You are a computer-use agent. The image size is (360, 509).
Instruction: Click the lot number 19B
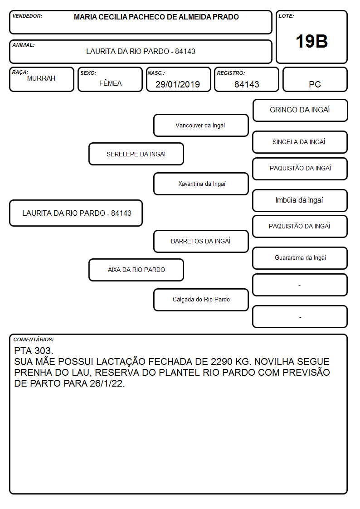coord(311,41)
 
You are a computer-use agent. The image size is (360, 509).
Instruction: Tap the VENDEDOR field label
coord(27,16)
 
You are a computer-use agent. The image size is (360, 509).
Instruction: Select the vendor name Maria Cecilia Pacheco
coord(156,17)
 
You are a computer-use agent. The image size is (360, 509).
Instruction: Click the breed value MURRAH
coord(41,78)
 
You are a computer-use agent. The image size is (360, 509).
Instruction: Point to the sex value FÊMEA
coord(110,83)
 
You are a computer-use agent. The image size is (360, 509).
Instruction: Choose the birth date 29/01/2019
coord(178,84)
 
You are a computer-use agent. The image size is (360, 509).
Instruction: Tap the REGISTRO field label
coord(231,73)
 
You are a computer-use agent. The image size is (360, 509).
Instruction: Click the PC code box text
coord(315,84)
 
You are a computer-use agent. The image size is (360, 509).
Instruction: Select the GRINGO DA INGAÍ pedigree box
coord(300,111)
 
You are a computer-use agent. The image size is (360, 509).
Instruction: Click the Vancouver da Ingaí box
coord(201,125)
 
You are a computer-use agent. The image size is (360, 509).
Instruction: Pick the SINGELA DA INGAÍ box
coord(300,142)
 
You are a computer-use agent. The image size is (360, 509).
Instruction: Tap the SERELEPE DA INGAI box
coord(136,154)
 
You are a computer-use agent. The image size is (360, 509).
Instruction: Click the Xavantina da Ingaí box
coord(201,184)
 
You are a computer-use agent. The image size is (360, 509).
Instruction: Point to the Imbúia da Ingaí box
coord(300,200)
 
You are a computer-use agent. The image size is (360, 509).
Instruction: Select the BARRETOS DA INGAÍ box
coord(201,241)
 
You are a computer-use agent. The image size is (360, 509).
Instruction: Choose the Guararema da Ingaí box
coord(300,258)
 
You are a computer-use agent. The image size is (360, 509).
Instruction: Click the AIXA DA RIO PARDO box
coord(136,270)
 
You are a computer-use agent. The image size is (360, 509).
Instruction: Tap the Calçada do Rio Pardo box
coord(201,300)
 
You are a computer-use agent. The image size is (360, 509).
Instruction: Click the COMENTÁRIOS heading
coord(34,339)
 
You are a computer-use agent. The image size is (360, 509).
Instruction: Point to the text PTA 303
coord(34,350)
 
